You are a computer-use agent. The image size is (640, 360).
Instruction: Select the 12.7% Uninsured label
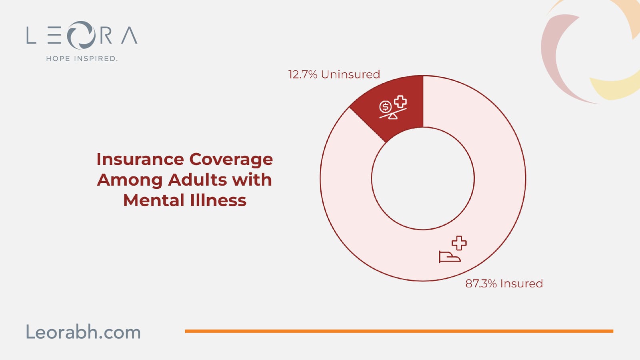tap(334, 74)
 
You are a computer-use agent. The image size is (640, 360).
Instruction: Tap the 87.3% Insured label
tap(504, 284)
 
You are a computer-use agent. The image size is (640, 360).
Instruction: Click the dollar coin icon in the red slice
tap(385, 107)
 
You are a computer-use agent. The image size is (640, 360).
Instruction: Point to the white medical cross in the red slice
tap(400, 102)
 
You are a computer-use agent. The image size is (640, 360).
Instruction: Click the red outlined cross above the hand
tap(459, 243)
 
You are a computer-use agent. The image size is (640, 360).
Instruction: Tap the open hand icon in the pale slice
tap(450, 256)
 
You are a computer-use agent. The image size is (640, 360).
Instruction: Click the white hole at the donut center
tap(423, 178)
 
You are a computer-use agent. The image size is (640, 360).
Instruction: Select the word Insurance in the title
tap(140, 159)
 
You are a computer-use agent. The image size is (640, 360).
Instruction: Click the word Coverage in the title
tap(231, 160)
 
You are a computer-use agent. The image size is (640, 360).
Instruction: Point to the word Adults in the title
tap(197, 180)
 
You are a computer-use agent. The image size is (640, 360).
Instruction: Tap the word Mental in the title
tap(154, 200)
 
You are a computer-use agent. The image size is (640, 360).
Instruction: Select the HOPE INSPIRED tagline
tap(82, 58)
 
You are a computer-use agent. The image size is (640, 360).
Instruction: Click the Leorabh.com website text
tap(83, 332)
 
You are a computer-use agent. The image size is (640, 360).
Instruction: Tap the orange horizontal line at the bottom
tap(399, 331)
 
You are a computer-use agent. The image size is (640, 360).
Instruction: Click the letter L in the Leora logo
tap(31, 35)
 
